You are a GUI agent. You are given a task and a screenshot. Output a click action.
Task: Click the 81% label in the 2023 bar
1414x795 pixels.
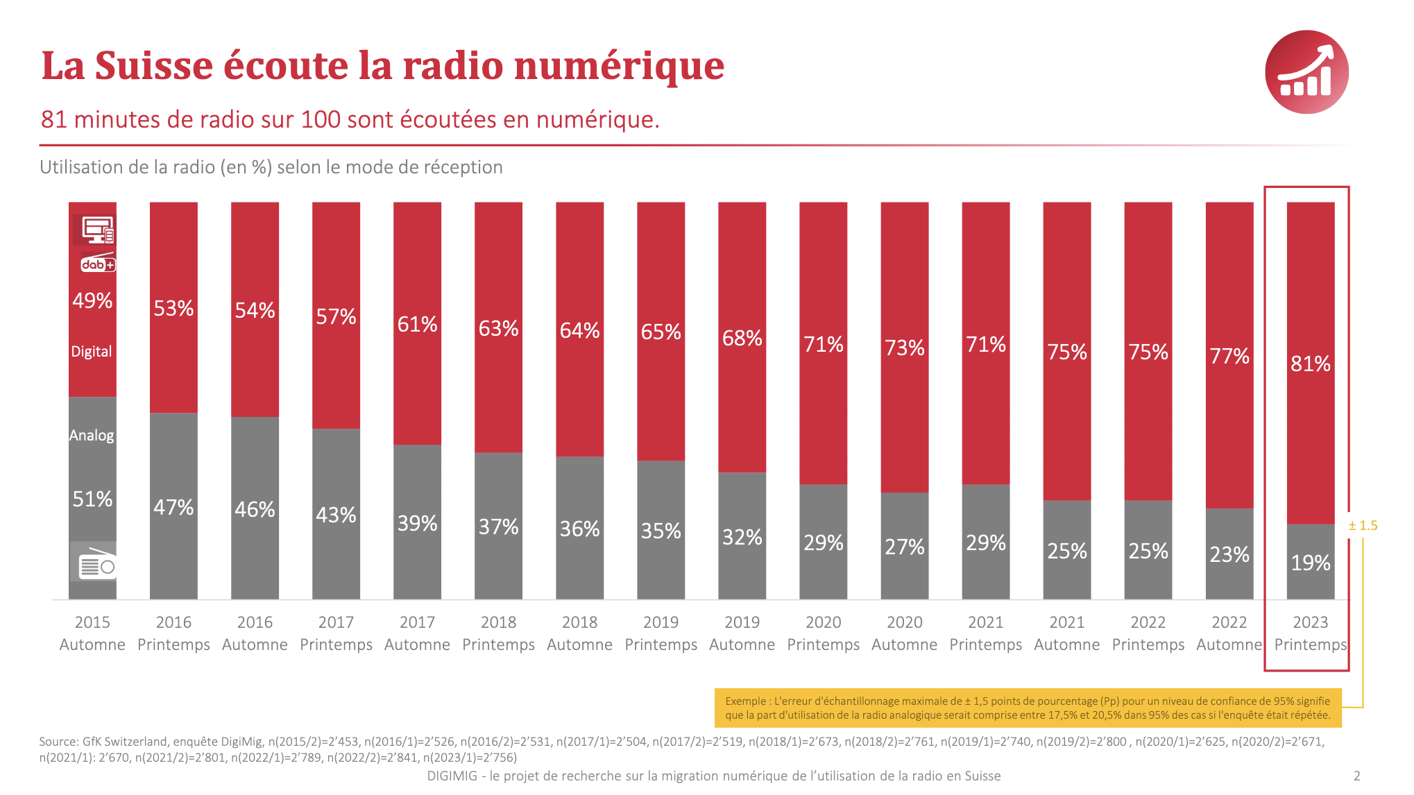pyautogui.click(x=1310, y=364)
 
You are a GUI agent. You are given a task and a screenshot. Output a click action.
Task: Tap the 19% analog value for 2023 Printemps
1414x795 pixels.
pyautogui.click(x=1310, y=563)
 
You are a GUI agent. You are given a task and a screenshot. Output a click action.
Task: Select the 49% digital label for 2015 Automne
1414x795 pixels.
pyautogui.click(x=92, y=300)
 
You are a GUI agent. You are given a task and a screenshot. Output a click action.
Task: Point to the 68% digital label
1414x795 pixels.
pyautogui.click(x=742, y=338)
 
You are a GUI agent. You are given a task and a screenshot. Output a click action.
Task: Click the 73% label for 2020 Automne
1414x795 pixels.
pyautogui.click(x=904, y=348)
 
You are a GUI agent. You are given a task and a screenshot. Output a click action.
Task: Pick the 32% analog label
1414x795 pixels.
pyautogui.click(x=742, y=537)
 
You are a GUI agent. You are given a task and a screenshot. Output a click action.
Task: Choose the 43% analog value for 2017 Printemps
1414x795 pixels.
pyautogui.click(x=336, y=515)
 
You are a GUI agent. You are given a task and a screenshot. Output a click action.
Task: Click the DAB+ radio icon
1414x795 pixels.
pyautogui.click(x=98, y=264)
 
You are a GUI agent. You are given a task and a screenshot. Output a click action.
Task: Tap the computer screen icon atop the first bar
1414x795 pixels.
pyautogui.click(x=96, y=229)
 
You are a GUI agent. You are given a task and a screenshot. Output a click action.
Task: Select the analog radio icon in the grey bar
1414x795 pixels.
pyautogui.click(x=95, y=564)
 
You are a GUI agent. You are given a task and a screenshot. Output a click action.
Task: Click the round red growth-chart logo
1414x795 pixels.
pyautogui.click(x=1306, y=72)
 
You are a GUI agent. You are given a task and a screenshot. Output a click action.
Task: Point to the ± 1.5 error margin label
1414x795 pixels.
pyautogui.click(x=1363, y=526)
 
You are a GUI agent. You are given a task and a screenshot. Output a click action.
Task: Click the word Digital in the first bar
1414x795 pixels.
pyautogui.click(x=92, y=352)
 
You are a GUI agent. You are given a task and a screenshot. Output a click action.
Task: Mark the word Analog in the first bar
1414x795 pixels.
pyautogui.click(x=92, y=436)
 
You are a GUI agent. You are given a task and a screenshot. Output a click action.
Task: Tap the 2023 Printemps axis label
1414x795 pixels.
pyautogui.click(x=1310, y=633)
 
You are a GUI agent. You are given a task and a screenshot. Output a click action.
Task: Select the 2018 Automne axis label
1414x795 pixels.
pyautogui.click(x=579, y=633)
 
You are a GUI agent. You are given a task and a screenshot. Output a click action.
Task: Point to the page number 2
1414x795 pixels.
pyautogui.click(x=1357, y=776)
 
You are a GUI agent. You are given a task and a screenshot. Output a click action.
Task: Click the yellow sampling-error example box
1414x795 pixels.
pyautogui.click(x=1028, y=708)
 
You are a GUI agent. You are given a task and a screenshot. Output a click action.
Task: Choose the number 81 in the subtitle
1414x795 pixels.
pyautogui.click(x=53, y=120)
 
